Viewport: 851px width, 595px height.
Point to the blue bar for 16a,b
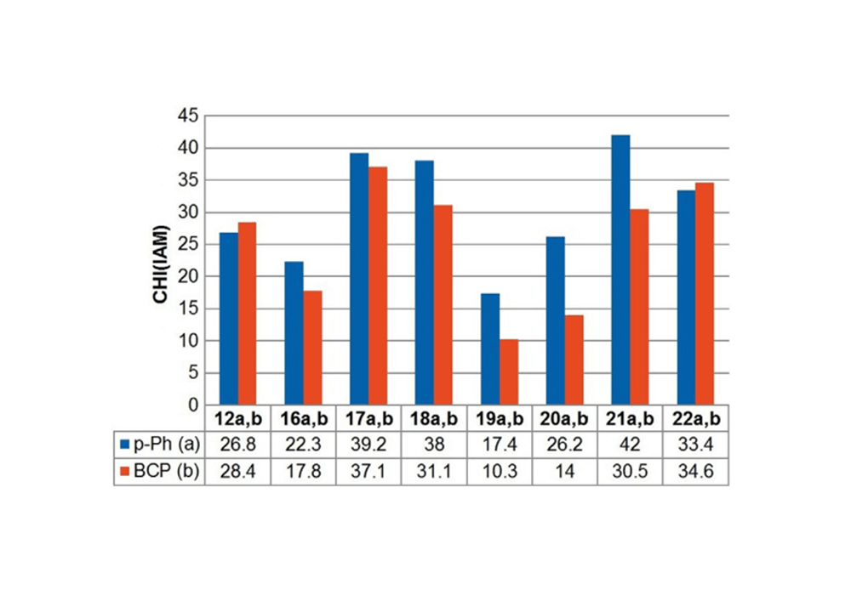point(293,332)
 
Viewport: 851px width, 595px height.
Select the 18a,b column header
point(434,418)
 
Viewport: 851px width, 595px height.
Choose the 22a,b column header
point(695,418)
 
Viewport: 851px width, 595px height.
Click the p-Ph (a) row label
point(165,442)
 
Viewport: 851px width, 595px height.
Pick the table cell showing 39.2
point(368,442)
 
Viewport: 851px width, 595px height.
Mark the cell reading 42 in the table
point(630,442)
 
